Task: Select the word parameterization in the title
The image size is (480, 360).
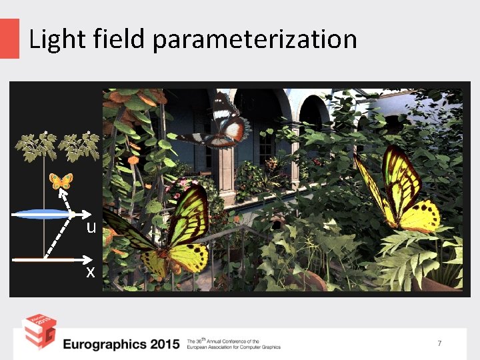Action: point(255,41)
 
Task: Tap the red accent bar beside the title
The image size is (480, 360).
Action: point(9,38)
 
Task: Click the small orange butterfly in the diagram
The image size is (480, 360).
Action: point(62,180)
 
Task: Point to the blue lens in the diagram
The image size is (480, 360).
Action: point(43,214)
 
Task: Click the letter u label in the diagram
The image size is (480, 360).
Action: point(91,227)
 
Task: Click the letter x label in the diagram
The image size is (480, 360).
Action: point(90,272)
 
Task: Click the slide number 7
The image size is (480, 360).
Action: point(439,343)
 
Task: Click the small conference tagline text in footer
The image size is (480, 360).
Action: point(234,343)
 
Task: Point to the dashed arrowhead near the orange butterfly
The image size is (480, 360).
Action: point(59,191)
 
